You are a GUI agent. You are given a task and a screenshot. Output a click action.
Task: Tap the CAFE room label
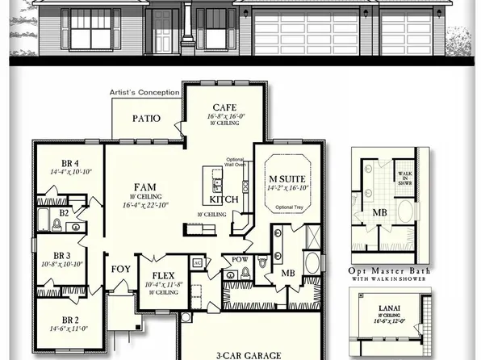[224, 107]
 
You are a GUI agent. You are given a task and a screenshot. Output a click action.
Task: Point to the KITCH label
[224, 199]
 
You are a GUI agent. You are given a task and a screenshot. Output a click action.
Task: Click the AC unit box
[197, 263]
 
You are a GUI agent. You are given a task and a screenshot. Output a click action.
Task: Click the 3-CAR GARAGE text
[247, 354]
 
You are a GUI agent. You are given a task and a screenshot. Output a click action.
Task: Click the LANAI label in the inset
[391, 308]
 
